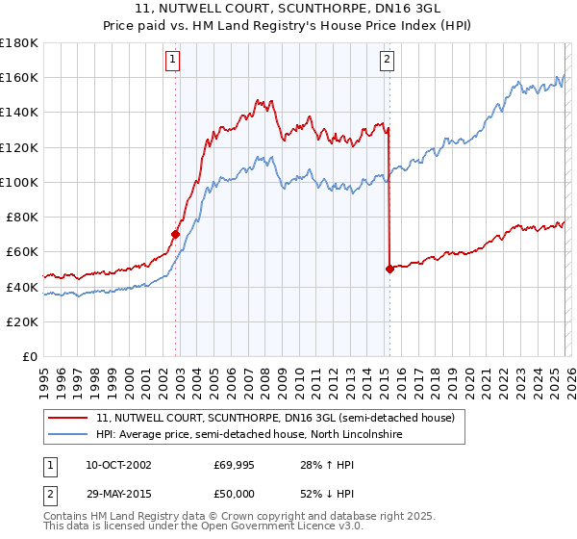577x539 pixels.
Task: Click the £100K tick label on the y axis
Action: (18, 182)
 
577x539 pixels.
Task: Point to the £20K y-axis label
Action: (21, 321)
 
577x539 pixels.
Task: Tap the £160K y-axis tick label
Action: (18, 77)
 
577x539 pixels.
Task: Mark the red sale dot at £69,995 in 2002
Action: (175, 234)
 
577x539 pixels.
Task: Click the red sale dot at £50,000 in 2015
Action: (389, 269)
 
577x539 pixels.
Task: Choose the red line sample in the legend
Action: (68, 419)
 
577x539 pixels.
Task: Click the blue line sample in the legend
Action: (68, 435)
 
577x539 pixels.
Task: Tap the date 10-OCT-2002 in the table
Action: (118, 465)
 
